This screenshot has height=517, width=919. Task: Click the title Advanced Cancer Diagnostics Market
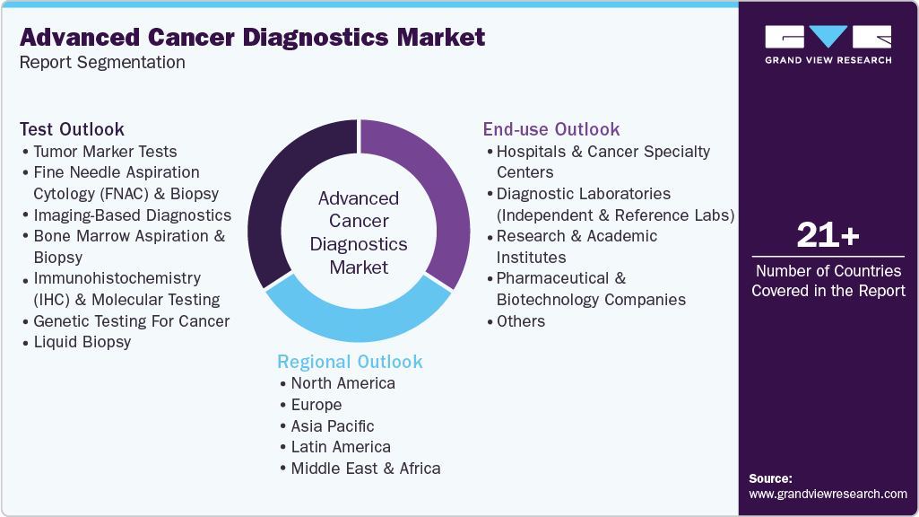252,38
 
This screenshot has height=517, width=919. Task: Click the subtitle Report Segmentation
102,62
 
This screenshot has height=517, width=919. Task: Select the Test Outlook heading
72,129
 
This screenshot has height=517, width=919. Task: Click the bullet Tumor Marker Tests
105,152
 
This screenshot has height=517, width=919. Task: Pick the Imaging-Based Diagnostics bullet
132,215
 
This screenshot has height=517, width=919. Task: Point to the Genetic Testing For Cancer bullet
131,321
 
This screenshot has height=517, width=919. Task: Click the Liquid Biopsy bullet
82,342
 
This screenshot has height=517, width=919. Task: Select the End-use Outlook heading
551,129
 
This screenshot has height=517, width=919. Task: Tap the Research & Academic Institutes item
577,246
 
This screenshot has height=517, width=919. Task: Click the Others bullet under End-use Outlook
520,321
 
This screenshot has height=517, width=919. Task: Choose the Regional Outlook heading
350,362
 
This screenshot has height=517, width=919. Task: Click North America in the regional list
342,383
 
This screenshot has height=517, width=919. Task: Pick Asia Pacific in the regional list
333,426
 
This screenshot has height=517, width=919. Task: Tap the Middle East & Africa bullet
365,469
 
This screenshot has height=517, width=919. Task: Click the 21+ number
828,236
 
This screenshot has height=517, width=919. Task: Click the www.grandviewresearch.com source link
828,494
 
